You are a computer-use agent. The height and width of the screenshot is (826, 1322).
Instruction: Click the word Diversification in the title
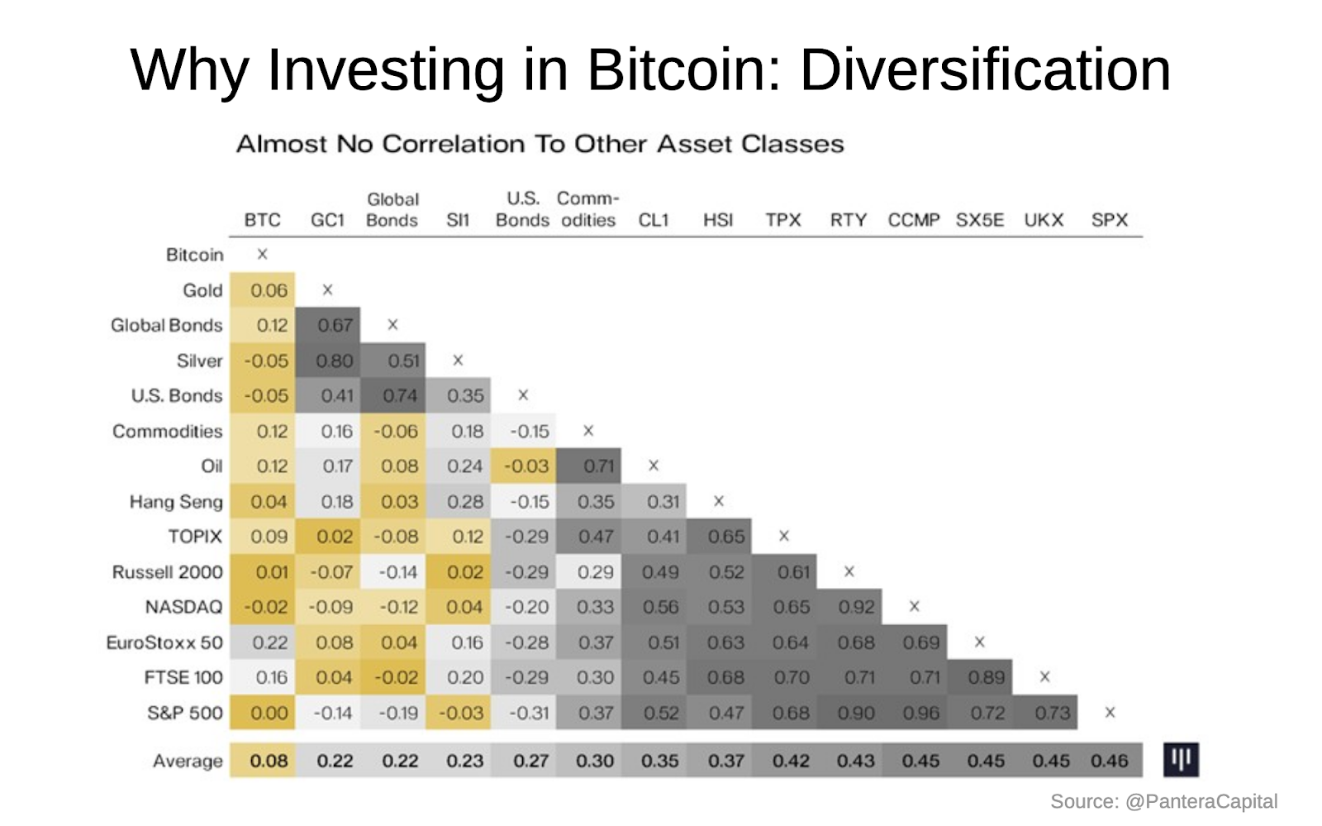(x=985, y=69)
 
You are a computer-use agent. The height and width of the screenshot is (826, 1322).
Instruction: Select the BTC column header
(x=262, y=220)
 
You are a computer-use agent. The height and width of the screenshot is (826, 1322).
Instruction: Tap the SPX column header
(x=1109, y=220)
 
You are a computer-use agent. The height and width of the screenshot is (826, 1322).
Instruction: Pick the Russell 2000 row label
(x=168, y=572)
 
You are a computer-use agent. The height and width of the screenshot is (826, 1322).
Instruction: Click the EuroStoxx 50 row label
(x=164, y=642)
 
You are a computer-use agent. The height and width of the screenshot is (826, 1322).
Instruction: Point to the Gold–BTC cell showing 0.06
(x=269, y=290)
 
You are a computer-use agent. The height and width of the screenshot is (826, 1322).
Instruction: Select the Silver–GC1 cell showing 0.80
(x=335, y=361)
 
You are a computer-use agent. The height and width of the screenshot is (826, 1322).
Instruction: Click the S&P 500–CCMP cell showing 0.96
(x=920, y=713)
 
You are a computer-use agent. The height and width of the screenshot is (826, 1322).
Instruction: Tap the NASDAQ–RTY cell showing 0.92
(x=856, y=607)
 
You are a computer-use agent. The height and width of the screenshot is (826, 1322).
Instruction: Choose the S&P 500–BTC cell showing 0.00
(x=269, y=713)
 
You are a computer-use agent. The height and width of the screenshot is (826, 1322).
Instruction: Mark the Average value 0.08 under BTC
(x=269, y=761)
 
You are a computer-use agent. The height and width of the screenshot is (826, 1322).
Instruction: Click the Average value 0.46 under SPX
(x=1109, y=761)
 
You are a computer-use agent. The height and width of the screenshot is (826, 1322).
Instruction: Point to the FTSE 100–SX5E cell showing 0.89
(x=986, y=678)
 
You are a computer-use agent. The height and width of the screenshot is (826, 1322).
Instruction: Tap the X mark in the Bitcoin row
(x=262, y=254)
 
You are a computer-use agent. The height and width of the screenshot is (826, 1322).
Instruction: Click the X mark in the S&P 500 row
(x=1110, y=712)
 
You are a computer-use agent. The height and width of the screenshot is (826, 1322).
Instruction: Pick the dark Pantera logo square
(x=1181, y=759)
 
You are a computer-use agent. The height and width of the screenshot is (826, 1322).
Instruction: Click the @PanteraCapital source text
(x=1201, y=801)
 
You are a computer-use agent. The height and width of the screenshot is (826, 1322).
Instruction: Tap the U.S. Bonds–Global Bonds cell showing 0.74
(x=400, y=396)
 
